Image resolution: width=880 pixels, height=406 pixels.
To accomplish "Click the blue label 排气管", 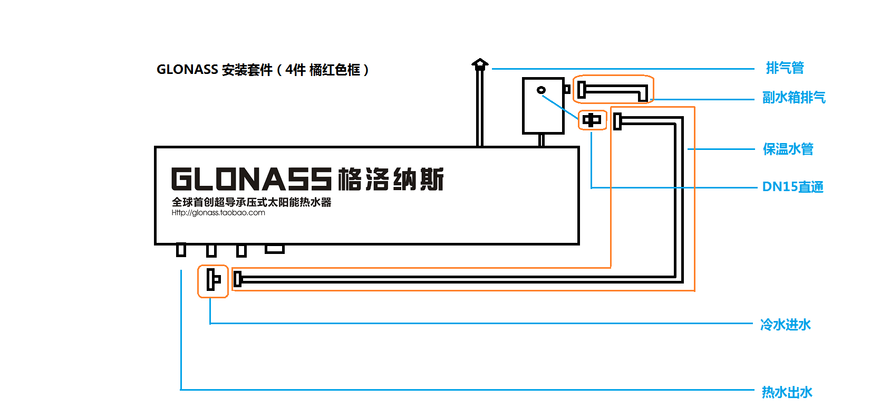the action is [x=785, y=68].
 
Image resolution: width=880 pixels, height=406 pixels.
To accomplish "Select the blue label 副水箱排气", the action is [x=794, y=98].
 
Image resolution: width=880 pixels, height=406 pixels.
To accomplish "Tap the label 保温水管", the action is [x=788, y=149].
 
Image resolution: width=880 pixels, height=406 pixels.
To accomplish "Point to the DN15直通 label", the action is [x=793, y=187].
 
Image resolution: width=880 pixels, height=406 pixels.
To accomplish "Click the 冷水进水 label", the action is [x=785, y=325].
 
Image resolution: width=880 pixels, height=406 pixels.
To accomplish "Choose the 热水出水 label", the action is [x=787, y=392].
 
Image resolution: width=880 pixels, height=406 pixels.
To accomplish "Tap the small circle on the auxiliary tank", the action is [x=541, y=90].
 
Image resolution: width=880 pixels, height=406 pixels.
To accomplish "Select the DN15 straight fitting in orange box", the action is [x=592, y=120].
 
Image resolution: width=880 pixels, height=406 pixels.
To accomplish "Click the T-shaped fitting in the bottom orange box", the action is [x=214, y=280].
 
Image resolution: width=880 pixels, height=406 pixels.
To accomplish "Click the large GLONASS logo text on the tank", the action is [x=252, y=179].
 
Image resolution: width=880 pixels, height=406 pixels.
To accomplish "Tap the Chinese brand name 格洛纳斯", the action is [x=391, y=179].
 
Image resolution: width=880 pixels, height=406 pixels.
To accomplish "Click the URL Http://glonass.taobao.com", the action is [x=218, y=213].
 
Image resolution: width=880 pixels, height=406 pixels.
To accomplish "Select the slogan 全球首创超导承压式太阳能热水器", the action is [x=252, y=202].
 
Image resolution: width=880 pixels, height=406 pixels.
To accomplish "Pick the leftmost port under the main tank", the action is [x=181, y=250].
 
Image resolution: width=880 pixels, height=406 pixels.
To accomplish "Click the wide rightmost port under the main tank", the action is [x=275, y=249].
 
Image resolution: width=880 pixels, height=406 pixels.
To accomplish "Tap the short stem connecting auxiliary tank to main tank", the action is [x=541, y=140].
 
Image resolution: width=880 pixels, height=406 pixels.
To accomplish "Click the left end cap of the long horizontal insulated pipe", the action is [x=237, y=279].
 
